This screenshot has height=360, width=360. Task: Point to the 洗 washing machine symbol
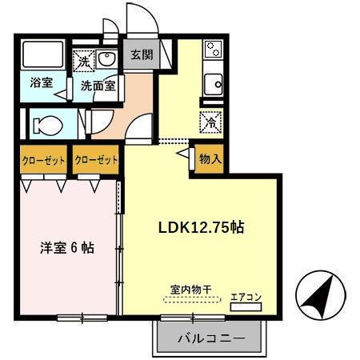coord(84,59)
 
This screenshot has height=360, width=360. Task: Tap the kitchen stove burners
coord(213,50)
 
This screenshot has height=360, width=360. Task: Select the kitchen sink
coord(213,83)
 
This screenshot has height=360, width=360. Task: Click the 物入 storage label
coord(210,159)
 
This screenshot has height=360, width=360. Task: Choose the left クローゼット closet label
coord(42,160)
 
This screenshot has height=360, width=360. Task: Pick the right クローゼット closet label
coord(96,160)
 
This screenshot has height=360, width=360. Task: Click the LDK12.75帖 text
coord(200,227)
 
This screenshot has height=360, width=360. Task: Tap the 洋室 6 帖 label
coord(67,248)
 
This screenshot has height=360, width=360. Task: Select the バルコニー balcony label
coord(210,339)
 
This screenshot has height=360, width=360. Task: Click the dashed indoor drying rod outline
coord(191,300)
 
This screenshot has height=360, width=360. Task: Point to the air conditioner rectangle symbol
coord(246,307)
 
